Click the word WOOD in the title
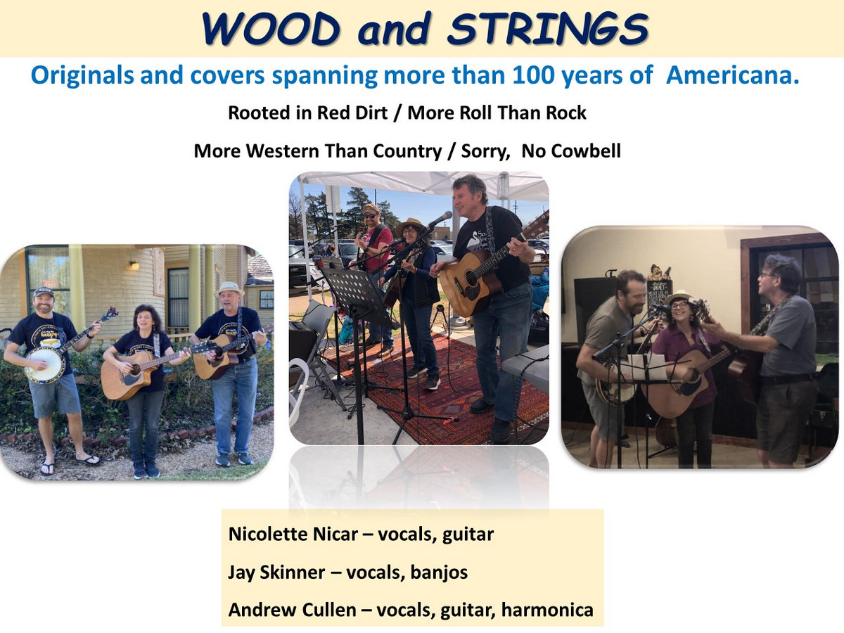click(x=271, y=30)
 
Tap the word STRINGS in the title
click(x=548, y=30)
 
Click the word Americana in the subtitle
click(x=732, y=75)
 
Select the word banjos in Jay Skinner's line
click(x=439, y=573)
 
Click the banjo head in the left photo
click(x=44, y=364)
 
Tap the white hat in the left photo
click(x=230, y=288)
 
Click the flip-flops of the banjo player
click(x=69, y=463)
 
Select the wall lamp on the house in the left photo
click(x=134, y=265)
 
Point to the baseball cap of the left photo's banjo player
click(x=44, y=292)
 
